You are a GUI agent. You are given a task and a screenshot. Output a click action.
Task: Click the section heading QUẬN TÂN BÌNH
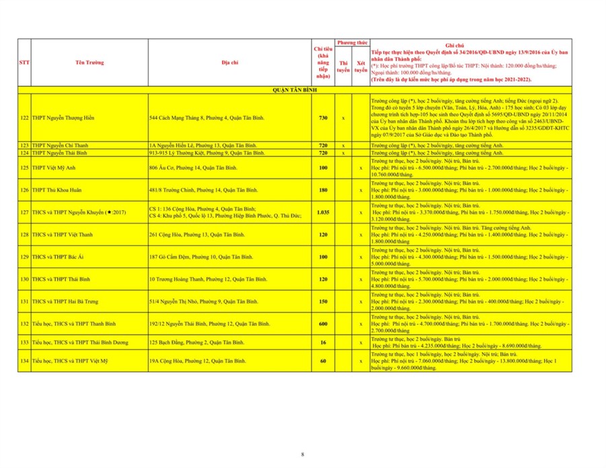294,90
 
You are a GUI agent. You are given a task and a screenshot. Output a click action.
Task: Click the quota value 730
323,118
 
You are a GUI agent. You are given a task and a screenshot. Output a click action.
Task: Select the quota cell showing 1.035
323,212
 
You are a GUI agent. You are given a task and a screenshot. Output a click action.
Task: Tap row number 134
24,361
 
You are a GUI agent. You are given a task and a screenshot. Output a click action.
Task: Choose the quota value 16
323,343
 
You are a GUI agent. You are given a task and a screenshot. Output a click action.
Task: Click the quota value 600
323,324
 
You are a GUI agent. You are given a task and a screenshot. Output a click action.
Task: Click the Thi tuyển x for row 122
343,118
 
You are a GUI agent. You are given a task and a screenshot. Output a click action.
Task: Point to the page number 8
302,455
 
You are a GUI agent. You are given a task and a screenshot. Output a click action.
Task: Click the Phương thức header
351,43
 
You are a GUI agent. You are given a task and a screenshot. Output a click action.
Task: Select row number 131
24,302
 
